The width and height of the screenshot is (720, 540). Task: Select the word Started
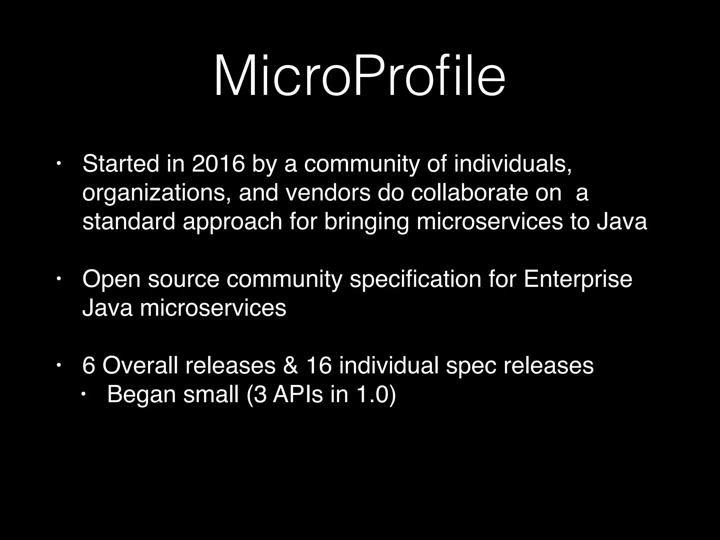click(x=121, y=164)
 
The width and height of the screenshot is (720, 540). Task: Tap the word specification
click(x=415, y=280)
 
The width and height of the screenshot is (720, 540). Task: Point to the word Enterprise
click(x=578, y=280)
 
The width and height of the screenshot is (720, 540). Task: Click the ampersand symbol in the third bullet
click(x=290, y=366)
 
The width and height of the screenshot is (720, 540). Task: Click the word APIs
click(x=298, y=394)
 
